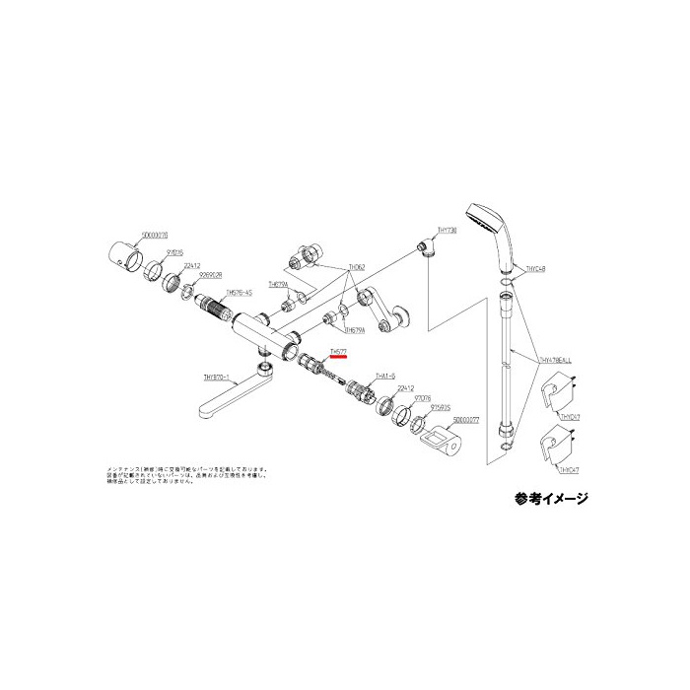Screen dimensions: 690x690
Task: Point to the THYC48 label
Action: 538,267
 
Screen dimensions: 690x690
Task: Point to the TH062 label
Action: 356,267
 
